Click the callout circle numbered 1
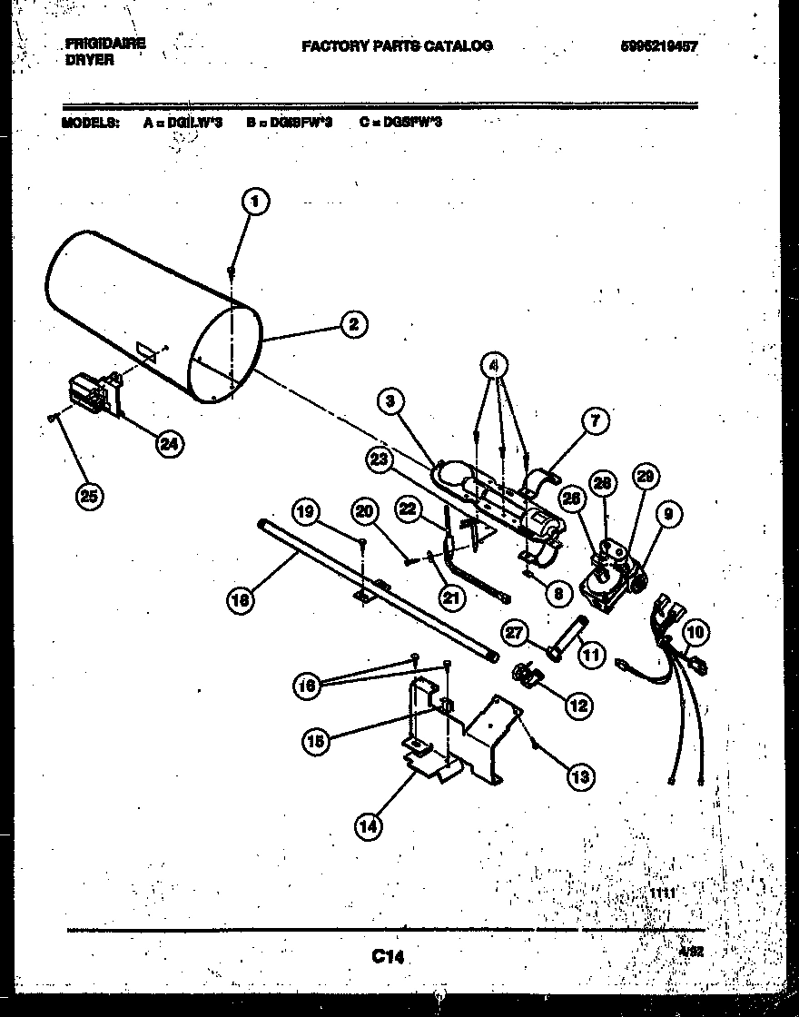pyautogui.click(x=256, y=202)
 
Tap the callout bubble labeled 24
pyautogui.click(x=167, y=443)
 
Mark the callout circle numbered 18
pyautogui.click(x=242, y=599)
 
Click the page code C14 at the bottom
pyautogui.click(x=387, y=956)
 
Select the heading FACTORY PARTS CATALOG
pyautogui.click(x=397, y=45)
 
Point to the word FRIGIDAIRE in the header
pyautogui.click(x=105, y=43)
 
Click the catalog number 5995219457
pyautogui.click(x=653, y=47)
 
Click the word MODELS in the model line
pyautogui.click(x=90, y=122)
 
